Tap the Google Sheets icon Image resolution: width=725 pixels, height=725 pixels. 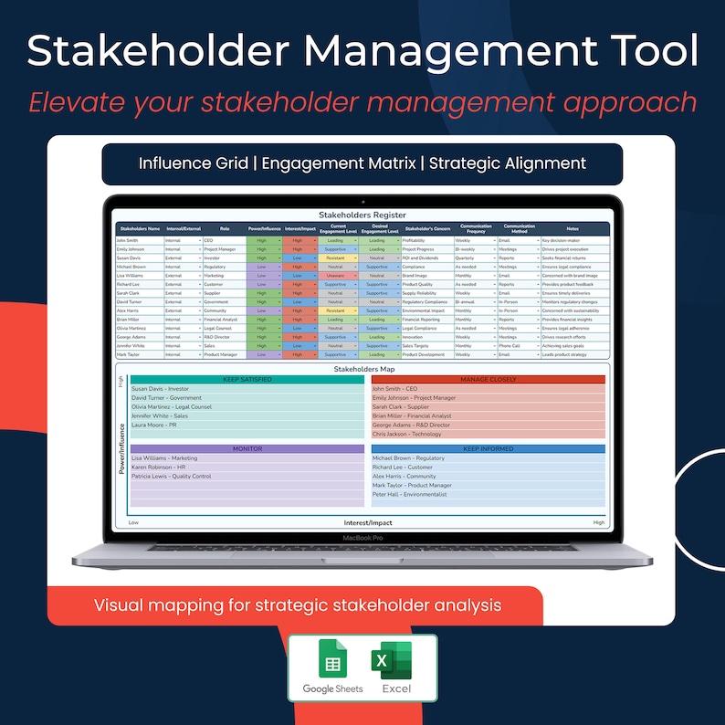[332, 660]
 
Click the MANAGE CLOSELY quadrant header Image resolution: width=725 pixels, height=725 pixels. [489, 379]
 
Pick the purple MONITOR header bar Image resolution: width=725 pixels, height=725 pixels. [246, 449]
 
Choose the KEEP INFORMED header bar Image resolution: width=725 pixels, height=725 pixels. [489, 449]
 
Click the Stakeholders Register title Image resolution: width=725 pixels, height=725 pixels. [362, 215]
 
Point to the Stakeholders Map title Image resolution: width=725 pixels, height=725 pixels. [362, 368]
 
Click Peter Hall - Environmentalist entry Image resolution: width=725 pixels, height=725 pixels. [410, 494]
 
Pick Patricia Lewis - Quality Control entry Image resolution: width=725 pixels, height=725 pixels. [172, 476]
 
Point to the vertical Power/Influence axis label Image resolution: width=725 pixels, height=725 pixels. [121, 447]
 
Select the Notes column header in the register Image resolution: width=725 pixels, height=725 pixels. [573, 228]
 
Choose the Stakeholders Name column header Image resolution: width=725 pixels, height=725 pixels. [140, 228]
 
